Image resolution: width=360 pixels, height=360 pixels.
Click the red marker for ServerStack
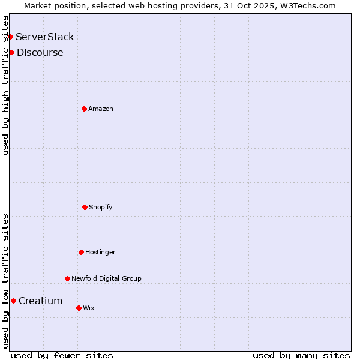coord(10,37)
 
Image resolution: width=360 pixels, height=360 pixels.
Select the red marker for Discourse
coord(11,53)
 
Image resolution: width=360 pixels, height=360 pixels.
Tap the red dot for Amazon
coord(84,109)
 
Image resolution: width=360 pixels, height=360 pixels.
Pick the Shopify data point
coord(85,207)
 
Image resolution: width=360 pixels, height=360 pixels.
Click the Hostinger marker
coord(81,252)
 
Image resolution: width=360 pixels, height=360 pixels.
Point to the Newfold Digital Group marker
coord(67,278)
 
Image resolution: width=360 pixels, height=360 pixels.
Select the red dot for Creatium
coord(13,301)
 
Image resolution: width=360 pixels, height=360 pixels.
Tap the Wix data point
coord(79,308)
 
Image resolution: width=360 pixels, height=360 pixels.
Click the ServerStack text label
coord(45,37)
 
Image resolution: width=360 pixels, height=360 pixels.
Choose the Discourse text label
coord(40,53)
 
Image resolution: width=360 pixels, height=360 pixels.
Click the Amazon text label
coord(101,109)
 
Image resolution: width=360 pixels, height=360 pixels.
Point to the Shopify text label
coord(101,207)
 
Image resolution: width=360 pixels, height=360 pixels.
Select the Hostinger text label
coord(100,252)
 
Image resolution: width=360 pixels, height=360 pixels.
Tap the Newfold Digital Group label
coord(106,278)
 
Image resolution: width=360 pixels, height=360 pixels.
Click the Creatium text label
coord(40,301)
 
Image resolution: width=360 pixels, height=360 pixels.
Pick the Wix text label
coord(89,308)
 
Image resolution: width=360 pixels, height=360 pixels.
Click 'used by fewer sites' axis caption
coord(62,355)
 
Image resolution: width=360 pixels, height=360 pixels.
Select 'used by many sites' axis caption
coord(301,355)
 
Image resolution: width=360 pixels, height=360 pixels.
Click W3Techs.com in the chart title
coord(306,5)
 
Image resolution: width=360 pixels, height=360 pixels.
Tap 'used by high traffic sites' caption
coord(5,85)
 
